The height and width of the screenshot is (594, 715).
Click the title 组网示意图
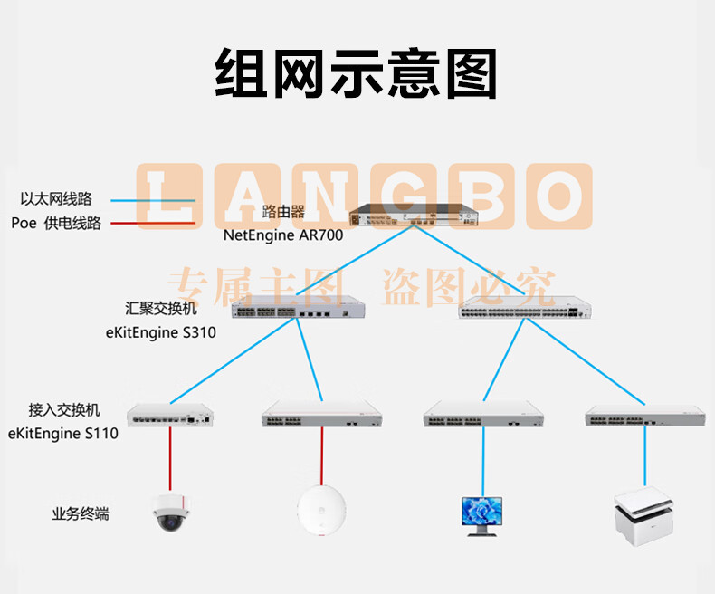coord(356,73)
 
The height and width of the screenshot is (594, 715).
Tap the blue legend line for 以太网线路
coord(153,200)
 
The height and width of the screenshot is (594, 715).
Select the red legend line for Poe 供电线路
coord(153,223)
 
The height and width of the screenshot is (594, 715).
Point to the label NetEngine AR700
coord(283,235)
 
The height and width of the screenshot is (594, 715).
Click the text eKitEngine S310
coord(160,332)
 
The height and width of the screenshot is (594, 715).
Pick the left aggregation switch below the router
coord(299,307)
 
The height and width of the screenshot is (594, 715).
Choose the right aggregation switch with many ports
coord(525,307)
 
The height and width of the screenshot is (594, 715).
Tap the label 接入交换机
coord(64,409)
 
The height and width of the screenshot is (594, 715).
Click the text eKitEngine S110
coord(63,433)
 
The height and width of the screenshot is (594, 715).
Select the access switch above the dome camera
coord(170,415)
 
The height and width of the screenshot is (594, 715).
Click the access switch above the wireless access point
coord(322,414)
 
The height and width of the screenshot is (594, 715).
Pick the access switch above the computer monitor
coord(483,414)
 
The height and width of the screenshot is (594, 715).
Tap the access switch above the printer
coord(645,415)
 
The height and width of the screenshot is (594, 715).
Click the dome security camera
coord(170,513)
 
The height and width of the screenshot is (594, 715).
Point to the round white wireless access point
coord(321,510)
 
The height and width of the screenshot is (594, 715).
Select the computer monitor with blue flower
coord(482,516)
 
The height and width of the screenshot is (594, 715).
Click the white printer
coord(643,516)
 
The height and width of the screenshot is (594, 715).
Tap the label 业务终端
coord(81,513)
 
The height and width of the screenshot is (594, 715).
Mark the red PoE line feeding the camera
coord(170,458)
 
